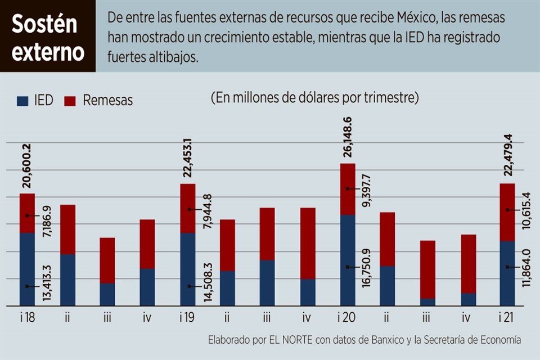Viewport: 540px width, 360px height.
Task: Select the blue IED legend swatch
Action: click(22, 101)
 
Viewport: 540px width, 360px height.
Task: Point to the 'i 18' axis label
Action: click(27, 318)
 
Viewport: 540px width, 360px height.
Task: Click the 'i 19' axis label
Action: click(187, 318)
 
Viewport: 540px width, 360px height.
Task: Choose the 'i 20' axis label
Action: click(346, 318)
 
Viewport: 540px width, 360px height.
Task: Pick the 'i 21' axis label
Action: click(506, 318)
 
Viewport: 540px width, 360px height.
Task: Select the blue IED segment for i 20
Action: click(348, 260)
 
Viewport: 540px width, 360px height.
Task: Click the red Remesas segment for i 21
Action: click(507, 212)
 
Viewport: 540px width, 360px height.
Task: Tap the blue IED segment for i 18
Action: click(27, 269)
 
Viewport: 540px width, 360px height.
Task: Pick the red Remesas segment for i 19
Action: click(188, 208)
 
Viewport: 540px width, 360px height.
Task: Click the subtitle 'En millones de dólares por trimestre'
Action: click(315, 98)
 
